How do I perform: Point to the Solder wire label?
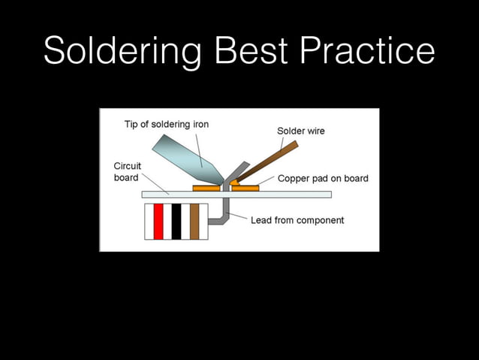click(301, 131)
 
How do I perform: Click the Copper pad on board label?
click(323, 179)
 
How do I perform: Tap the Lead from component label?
click(297, 220)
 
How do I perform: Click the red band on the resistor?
click(158, 221)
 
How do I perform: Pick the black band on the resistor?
click(176, 221)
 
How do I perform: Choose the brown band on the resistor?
click(194, 221)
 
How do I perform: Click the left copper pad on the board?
click(206, 188)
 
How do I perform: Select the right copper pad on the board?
click(246, 188)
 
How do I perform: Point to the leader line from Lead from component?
click(238, 217)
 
